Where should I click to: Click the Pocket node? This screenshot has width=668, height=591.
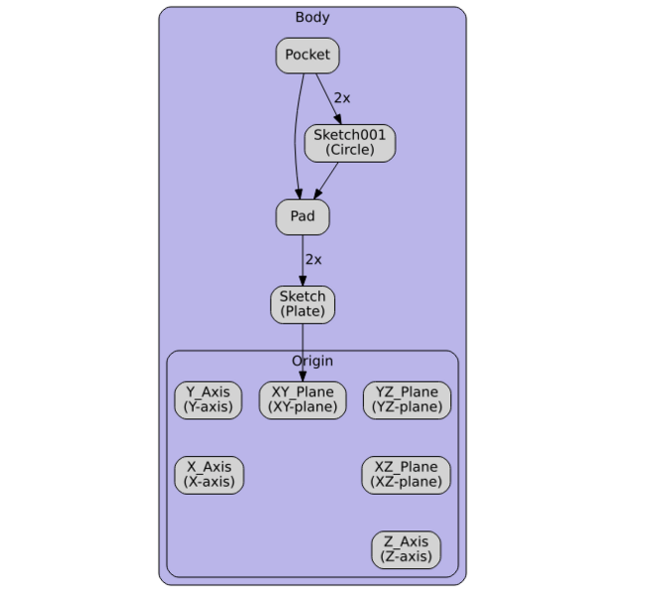(x=307, y=56)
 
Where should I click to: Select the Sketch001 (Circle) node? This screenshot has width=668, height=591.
(x=350, y=143)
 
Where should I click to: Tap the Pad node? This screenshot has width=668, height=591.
(x=302, y=217)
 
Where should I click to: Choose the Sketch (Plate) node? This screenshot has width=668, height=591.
(x=302, y=304)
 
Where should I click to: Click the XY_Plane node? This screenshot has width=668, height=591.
(x=302, y=399)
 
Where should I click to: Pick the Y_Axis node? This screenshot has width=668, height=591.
(x=208, y=399)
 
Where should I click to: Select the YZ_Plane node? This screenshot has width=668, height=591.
(x=406, y=399)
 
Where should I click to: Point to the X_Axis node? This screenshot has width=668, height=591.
(x=209, y=475)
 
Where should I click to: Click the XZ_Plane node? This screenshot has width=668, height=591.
(x=406, y=475)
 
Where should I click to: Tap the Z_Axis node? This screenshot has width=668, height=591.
(x=406, y=549)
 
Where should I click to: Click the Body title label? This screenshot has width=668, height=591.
(x=312, y=17)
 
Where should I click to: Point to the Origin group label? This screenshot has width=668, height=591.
(x=312, y=361)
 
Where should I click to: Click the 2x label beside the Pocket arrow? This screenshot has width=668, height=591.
(x=342, y=97)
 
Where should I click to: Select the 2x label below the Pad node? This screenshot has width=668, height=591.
(x=313, y=259)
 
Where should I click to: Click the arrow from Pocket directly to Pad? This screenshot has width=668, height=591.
(x=295, y=139)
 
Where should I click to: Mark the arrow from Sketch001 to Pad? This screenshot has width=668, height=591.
(x=327, y=180)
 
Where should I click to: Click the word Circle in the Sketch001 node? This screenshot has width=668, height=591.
(x=350, y=150)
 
